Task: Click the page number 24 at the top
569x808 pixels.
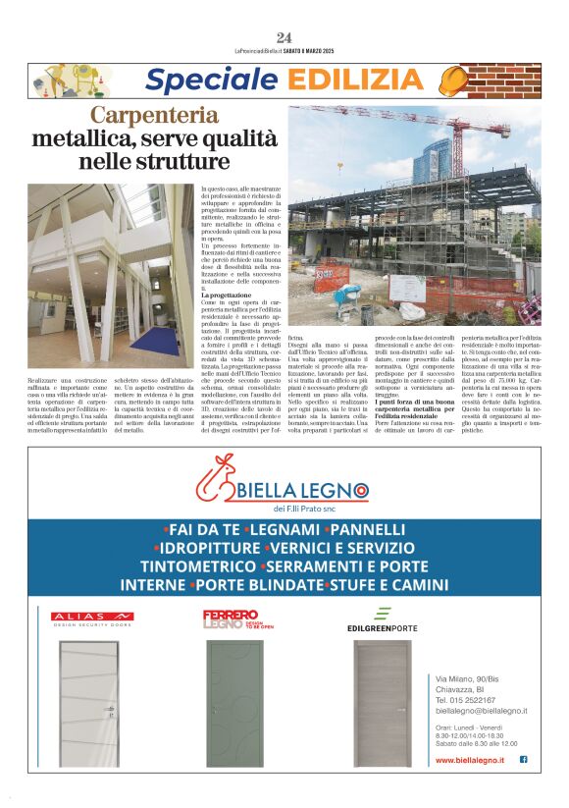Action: click(x=284, y=37)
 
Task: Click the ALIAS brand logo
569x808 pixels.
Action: click(x=93, y=618)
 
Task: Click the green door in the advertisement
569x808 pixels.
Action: click(x=234, y=702)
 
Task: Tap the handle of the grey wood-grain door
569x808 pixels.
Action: click(x=400, y=708)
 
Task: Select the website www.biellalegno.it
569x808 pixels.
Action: click(x=469, y=760)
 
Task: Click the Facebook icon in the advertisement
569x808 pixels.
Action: click(x=523, y=759)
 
